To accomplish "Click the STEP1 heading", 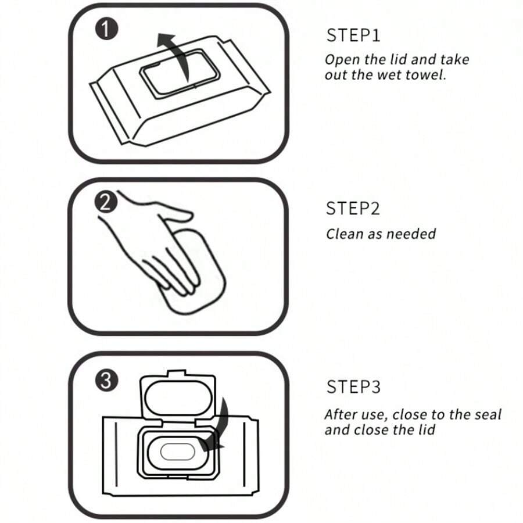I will tap(353, 35).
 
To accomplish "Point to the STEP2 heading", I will tap(353, 209).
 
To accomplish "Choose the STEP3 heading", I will tap(353, 387).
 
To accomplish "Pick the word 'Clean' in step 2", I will tap(342, 234).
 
